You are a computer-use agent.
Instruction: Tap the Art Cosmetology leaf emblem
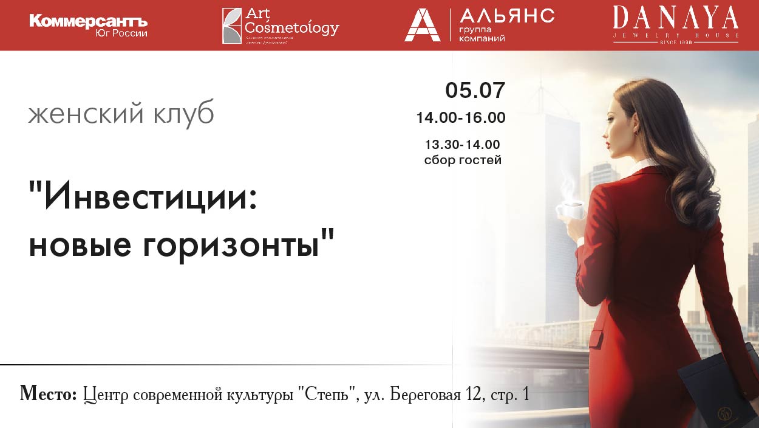click(231, 26)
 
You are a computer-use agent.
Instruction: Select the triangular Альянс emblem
click(422, 26)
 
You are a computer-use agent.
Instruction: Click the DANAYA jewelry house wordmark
click(675, 18)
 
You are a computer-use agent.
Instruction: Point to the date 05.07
click(475, 91)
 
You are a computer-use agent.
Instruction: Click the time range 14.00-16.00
click(461, 118)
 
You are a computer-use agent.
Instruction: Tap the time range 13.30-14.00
click(462, 145)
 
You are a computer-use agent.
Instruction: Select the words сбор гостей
click(463, 160)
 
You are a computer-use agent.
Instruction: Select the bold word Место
click(49, 394)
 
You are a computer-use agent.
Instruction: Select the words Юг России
click(121, 33)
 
